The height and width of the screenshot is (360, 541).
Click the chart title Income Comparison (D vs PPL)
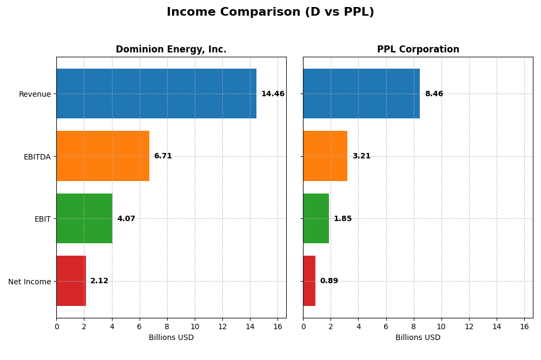click(270, 12)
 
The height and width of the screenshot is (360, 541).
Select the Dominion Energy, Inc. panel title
click(171, 49)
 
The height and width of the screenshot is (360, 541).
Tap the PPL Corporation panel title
click(418, 49)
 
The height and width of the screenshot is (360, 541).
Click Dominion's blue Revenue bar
click(156, 94)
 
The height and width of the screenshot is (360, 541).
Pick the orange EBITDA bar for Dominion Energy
click(103, 156)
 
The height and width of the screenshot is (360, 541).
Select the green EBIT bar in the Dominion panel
click(84, 218)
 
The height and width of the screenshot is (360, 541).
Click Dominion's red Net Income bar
click(71, 281)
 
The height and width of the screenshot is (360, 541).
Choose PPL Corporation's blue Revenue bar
click(361, 94)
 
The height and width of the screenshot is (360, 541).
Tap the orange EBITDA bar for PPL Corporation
click(325, 156)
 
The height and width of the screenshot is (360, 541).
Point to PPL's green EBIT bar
click(316, 218)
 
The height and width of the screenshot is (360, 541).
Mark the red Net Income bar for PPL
click(309, 281)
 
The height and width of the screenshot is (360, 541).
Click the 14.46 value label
click(273, 94)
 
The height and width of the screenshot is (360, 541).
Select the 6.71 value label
click(163, 156)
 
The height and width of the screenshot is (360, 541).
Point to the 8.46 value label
click(434, 94)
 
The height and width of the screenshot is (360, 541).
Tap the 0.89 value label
click(329, 281)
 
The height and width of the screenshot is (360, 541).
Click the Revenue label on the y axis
click(35, 94)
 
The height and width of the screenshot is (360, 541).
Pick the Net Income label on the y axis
click(30, 282)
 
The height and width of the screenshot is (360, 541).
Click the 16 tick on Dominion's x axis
click(278, 326)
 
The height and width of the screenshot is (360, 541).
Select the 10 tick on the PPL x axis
click(441, 326)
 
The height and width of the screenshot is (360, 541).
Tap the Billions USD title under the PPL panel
click(418, 337)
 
